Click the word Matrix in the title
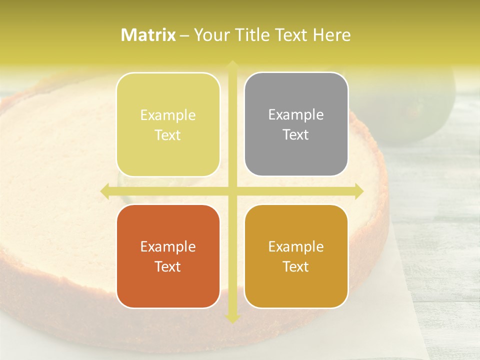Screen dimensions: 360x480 [148, 35]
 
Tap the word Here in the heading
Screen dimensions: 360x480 [331, 35]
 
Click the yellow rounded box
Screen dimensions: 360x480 [168, 124]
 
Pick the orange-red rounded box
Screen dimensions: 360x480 [168, 256]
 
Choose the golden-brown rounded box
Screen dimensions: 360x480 [296, 256]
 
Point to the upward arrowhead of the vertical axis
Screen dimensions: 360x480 [232, 65]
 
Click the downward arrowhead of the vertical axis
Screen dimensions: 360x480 [232, 318]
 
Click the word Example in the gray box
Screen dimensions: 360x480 [296, 115]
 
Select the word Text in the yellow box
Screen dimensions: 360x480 [168, 135]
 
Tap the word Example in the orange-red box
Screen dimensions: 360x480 [168, 246]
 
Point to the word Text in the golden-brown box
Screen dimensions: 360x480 [296, 266]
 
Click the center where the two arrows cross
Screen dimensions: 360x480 [232, 191]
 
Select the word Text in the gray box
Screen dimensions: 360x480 [296, 135]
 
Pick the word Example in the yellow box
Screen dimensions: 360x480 [168, 115]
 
